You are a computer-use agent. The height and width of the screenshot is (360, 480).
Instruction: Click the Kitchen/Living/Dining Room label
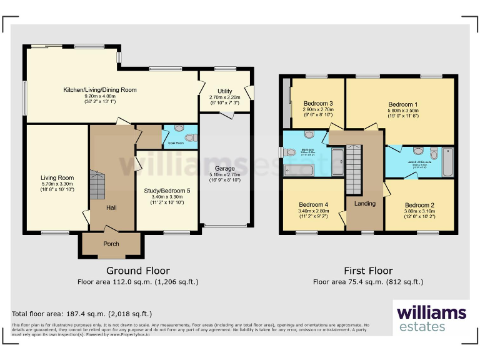pyautogui.click(x=100, y=90)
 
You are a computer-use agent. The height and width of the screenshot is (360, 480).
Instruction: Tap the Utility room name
pyautogui.click(x=224, y=91)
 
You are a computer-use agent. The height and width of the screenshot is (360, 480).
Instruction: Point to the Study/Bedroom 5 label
pyautogui.click(x=166, y=191)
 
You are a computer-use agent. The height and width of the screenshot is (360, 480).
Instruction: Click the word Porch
pyautogui.click(x=111, y=244)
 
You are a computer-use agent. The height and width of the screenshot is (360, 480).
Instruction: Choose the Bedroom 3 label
pyautogui.click(x=317, y=103)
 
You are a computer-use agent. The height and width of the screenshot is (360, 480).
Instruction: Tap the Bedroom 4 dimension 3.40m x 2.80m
pyautogui.click(x=313, y=211)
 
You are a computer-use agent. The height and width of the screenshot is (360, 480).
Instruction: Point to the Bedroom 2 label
pyautogui.click(x=419, y=205)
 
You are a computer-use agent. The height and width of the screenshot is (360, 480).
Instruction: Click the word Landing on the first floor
pyautogui.click(x=365, y=203)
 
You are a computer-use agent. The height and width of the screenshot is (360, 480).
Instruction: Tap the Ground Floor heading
pyautogui.click(x=137, y=271)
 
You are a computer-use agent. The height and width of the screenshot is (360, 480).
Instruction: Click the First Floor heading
pyautogui.click(x=368, y=271)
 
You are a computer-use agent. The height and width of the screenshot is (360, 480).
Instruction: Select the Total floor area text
pyautogui.click(x=82, y=313)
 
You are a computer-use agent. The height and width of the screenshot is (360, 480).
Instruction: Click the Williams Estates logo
pyautogui.click(x=431, y=317)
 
